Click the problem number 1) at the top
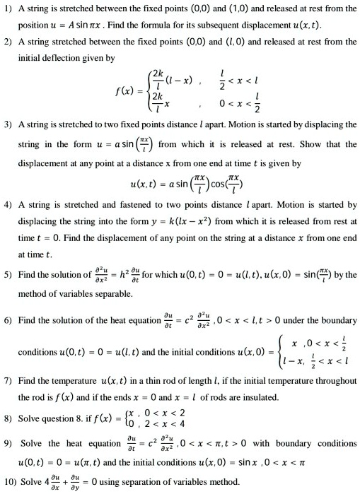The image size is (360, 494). click(x=8, y=8)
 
